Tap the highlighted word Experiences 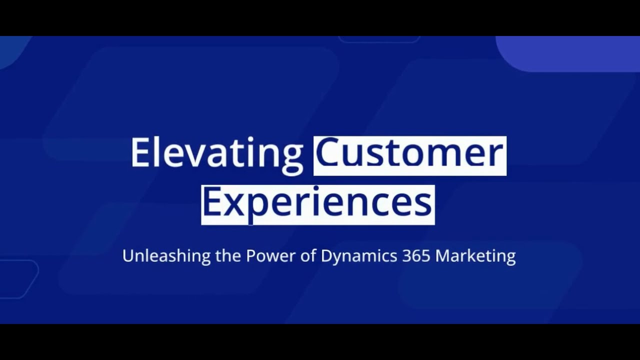click(317, 203)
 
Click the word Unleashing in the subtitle click(166, 256)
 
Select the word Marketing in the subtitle click(475, 256)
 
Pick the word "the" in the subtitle click(228, 256)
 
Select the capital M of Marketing click(443, 256)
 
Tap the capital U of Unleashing click(128, 256)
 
